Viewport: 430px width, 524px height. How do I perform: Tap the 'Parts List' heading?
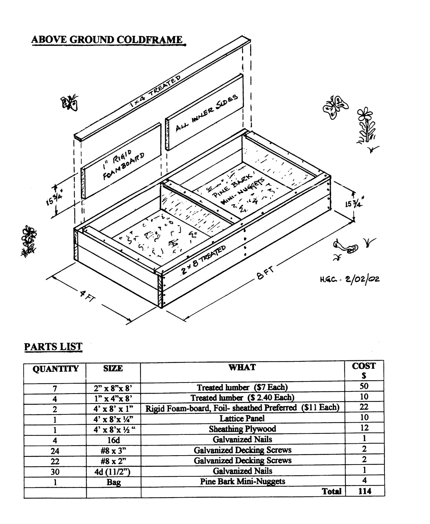53,347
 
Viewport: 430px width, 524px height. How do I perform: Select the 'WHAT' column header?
242,367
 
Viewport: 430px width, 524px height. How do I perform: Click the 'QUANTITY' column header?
55,369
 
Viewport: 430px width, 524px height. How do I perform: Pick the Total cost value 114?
365,491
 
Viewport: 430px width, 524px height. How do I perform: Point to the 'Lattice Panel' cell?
242,418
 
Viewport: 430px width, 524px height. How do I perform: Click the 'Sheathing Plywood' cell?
242,429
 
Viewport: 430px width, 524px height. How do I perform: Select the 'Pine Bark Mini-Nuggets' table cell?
242,481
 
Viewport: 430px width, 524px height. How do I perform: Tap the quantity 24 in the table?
55,450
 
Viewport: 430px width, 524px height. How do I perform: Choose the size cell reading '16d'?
113,439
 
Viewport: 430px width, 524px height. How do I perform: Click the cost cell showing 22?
364,407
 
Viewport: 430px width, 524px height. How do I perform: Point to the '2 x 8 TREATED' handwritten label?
204,259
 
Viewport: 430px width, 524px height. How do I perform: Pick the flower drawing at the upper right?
365,126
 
